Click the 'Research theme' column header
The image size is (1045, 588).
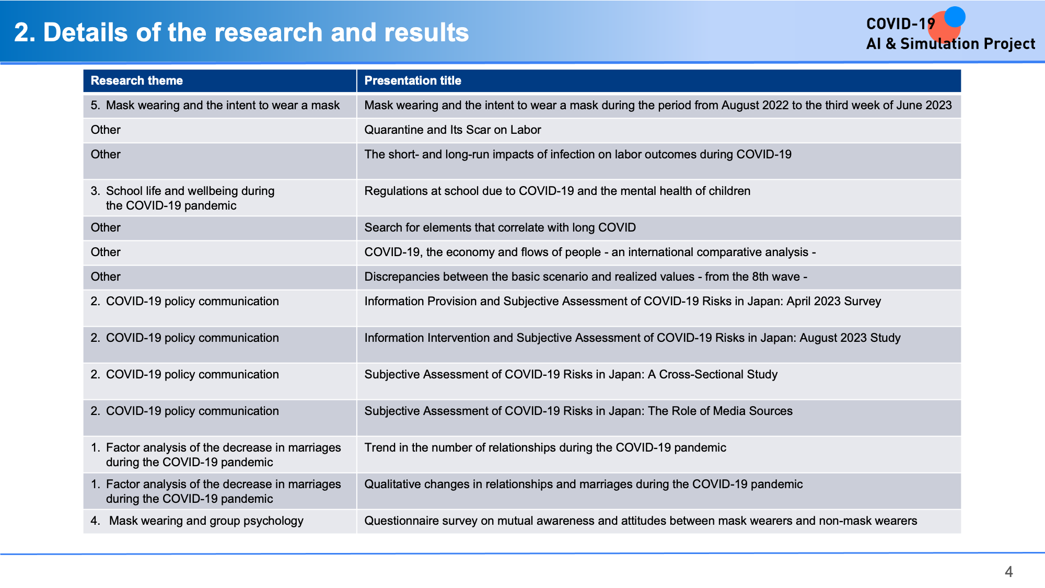[x=136, y=80]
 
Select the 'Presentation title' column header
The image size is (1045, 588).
[x=413, y=80]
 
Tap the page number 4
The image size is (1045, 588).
[x=1008, y=572]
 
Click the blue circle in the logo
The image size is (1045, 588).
[x=955, y=17]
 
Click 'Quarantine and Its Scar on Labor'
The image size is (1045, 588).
[x=452, y=130]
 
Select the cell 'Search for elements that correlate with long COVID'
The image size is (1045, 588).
[x=500, y=227]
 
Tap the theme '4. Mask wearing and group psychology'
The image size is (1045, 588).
[x=197, y=521]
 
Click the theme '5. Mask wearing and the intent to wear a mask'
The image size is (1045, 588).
[x=215, y=105]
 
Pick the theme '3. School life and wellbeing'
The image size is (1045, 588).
[x=182, y=198]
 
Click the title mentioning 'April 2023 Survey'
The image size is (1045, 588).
[x=623, y=301]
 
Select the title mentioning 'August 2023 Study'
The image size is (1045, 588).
[x=632, y=338]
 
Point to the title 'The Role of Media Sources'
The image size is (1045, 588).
[x=578, y=411]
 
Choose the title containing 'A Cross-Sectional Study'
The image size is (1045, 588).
[x=571, y=374]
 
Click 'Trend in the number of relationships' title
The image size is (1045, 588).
[x=545, y=447]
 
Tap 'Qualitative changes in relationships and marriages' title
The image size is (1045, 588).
[x=583, y=484]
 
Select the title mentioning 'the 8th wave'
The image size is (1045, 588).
[x=586, y=276]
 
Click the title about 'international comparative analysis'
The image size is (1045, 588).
[x=590, y=252]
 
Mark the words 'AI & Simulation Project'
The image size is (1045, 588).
[x=950, y=44]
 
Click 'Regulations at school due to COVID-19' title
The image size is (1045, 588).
[x=557, y=191]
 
